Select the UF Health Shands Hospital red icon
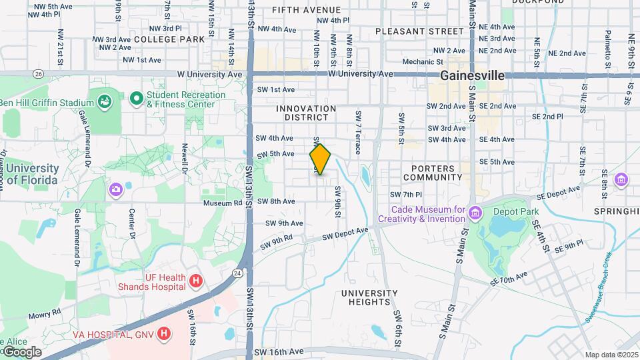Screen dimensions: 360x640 pyautogui.click(x=195, y=281)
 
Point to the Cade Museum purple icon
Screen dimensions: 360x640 pyautogui.click(x=475, y=213)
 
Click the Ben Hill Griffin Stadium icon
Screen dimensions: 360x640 pyautogui.click(x=105, y=102)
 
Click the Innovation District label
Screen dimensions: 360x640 pyautogui.click(x=306, y=113)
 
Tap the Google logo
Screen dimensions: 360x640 pyautogui.click(x=21, y=352)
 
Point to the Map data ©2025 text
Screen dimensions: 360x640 pyautogui.click(x=611, y=355)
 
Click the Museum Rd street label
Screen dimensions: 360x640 pyautogui.click(x=223, y=203)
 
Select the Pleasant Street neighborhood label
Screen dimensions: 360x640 pyautogui.click(x=419, y=31)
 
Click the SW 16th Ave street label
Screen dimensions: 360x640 pyautogui.click(x=279, y=351)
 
